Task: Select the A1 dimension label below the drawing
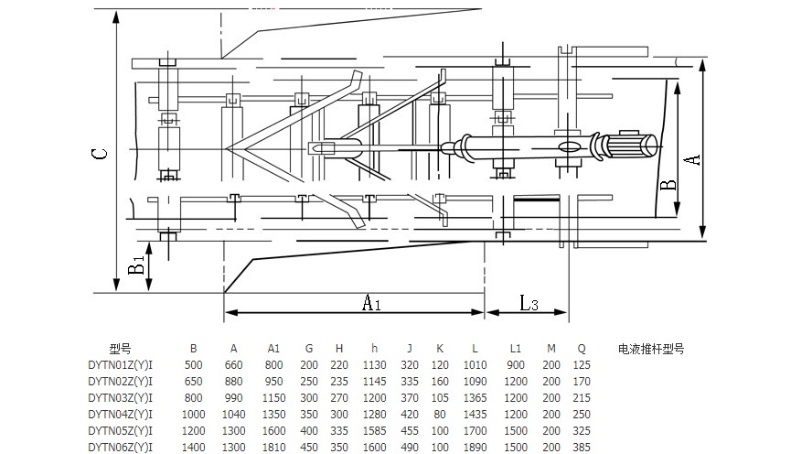click(371, 302)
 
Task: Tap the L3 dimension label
click(529, 302)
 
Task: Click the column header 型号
click(120, 349)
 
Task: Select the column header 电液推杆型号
click(651, 349)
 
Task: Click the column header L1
click(516, 349)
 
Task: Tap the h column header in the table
click(375, 349)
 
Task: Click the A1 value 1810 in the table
click(274, 447)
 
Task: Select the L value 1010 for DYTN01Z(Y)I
click(476, 365)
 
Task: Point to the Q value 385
click(583, 447)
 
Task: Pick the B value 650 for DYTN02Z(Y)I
click(194, 382)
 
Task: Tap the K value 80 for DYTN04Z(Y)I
click(440, 414)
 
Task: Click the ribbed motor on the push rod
click(631, 145)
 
